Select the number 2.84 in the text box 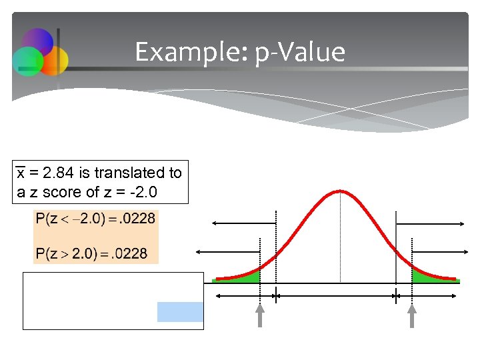pos(59,173)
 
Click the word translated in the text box pos(131,173)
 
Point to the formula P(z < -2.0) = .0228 pos(96,219)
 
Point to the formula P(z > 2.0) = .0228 pos(92,253)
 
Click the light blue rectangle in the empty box pos(180,311)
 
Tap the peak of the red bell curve pos(341,192)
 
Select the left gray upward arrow pos(259,315)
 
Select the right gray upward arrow pos(412,315)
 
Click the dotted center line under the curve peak pos(341,240)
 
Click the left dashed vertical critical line pos(275,247)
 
